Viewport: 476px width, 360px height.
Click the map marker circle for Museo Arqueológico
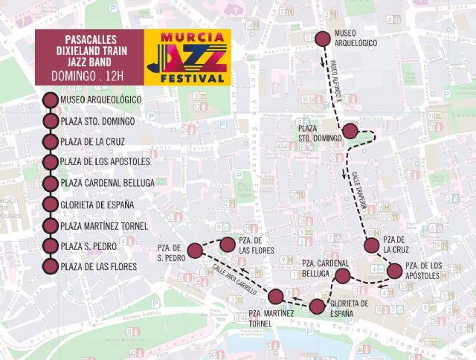pos(323,39)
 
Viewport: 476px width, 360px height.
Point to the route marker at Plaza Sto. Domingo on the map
pos(351,132)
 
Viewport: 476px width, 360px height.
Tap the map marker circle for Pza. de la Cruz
pos(372,246)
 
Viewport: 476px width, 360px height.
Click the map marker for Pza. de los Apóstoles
pos(395,270)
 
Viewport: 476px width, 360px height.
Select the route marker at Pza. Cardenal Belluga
pos(342,277)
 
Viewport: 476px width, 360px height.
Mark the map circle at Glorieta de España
pos(317,306)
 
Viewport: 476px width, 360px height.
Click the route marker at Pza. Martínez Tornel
pos(276,297)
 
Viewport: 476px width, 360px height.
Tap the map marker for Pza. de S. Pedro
pos(194,250)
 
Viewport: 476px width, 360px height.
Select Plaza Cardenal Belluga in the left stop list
pos(107,183)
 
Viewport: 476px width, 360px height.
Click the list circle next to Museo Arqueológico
pos(51,100)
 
